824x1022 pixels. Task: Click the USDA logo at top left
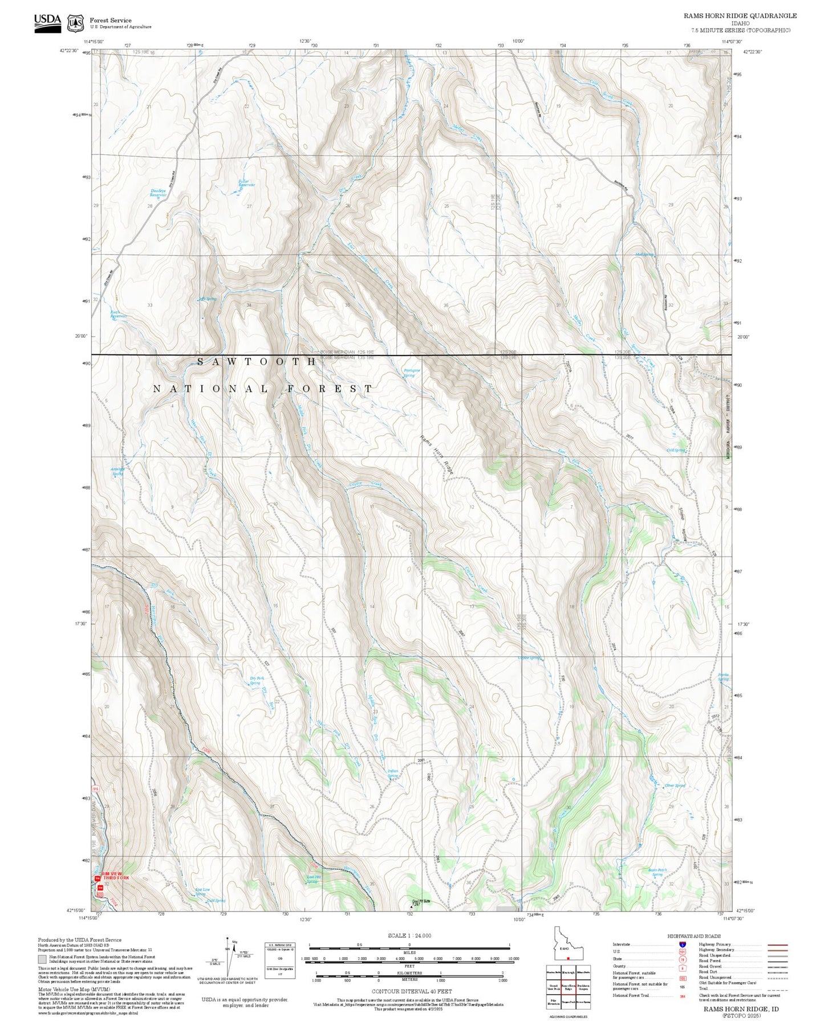click(x=47, y=23)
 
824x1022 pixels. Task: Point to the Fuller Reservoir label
click(x=246, y=183)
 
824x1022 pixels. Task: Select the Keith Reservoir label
click(x=118, y=314)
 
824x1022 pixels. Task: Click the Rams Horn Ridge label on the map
click(x=437, y=455)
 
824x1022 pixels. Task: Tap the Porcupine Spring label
click(x=411, y=373)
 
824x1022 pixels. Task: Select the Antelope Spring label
click(x=117, y=471)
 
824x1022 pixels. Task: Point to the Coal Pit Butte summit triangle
click(x=412, y=906)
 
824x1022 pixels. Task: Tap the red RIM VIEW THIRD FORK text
click(x=116, y=876)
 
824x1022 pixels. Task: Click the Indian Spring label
click(x=393, y=773)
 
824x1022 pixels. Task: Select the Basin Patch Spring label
click(x=657, y=872)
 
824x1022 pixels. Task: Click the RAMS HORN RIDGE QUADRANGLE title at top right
click(x=740, y=16)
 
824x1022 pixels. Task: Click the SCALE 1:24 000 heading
click(x=409, y=936)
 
